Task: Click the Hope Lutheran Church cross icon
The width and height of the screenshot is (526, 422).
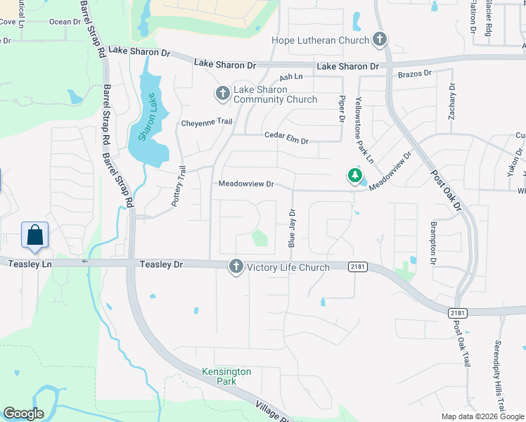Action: coord(380,40)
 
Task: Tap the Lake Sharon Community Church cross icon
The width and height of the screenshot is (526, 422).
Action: coord(222,94)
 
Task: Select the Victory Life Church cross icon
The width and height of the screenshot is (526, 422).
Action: coord(236,267)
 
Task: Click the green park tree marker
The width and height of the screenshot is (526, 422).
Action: coord(356,176)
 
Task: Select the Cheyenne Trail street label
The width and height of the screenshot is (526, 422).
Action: coord(207,122)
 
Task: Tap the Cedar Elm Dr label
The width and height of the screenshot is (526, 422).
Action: coord(286,138)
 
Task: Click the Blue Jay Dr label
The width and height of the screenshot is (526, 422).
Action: coord(292,227)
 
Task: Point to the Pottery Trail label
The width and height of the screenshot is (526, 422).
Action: coord(179,186)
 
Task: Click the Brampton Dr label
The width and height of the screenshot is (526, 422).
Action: coord(434,243)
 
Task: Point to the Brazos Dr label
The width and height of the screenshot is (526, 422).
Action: coord(413,73)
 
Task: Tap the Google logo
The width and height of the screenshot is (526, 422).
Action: coord(23,414)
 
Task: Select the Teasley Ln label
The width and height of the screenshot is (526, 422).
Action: coord(31,263)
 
